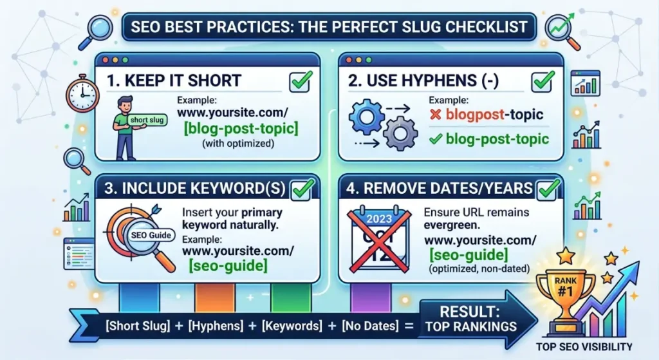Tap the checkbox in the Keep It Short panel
(x=301, y=81)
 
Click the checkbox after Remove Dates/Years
(x=548, y=189)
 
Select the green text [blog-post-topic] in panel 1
(x=241, y=129)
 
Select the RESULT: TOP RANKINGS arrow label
(x=470, y=319)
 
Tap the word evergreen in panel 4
(x=452, y=226)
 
